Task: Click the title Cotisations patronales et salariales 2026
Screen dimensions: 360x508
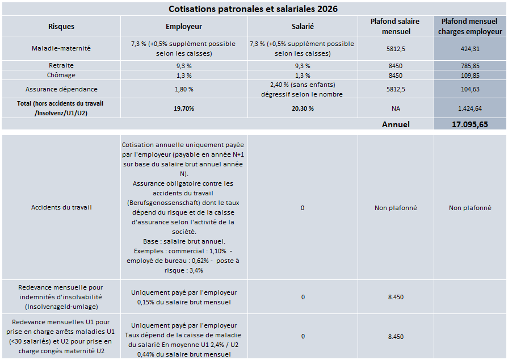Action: (254, 9)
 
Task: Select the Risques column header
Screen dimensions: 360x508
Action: (61, 27)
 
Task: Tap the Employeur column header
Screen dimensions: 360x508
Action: (184, 27)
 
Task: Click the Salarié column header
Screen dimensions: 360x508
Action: (302, 27)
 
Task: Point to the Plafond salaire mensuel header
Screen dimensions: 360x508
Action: (395, 26)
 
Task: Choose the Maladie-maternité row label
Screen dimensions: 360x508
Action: (61, 49)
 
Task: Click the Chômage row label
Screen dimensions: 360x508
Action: (61, 75)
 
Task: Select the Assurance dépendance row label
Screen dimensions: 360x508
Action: (61, 89)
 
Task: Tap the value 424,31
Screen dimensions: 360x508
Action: (470, 49)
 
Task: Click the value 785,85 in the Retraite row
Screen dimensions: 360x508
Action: (470, 66)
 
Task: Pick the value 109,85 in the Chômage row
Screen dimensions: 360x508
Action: (470, 76)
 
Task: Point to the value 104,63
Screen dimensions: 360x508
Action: (470, 89)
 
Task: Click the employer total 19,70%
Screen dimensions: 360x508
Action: (184, 108)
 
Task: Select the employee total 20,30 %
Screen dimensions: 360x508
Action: (302, 108)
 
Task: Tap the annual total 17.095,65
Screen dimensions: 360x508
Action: (470, 124)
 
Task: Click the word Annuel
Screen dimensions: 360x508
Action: (396, 124)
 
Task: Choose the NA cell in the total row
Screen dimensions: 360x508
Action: (395, 108)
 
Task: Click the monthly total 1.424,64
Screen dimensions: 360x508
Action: (470, 108)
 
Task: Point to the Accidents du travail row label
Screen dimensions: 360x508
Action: (61, 207)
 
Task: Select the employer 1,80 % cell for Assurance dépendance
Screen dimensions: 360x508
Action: (184, 89)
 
